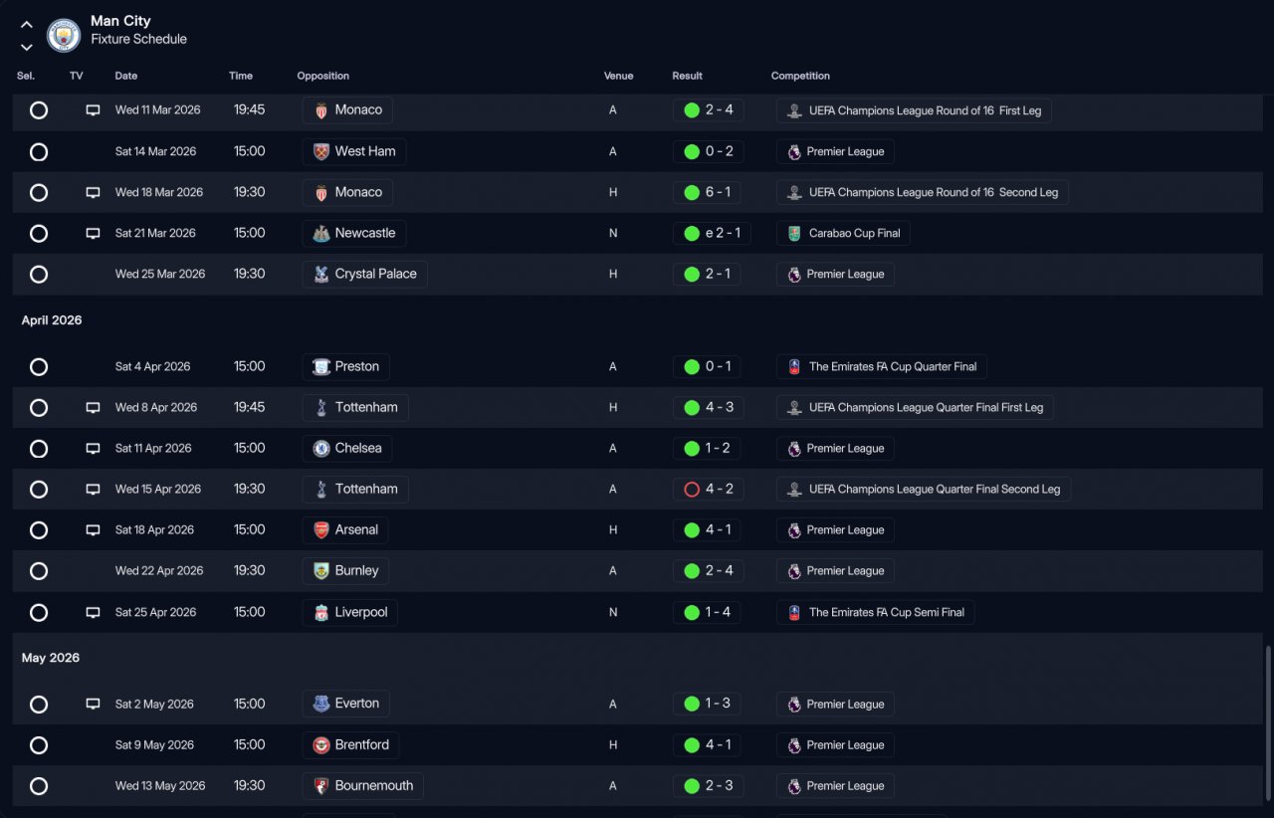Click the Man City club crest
point(64,36)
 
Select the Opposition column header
point(322,76)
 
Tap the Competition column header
point(800,76)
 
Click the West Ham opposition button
point(354,151)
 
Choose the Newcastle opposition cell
point(354,233)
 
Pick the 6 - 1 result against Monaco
point(708,192)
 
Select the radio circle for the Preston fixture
point(39,367)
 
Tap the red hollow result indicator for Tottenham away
point(692,490)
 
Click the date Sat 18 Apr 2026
point(154,530)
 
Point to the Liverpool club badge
point(321,613)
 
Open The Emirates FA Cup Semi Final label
point(875,613)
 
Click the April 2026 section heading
point(52,320)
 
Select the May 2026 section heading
point(51,658)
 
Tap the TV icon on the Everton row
point(93,705)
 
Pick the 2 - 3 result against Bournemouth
point(708,786)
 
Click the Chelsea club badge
point(321,449)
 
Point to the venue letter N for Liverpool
point(613,613)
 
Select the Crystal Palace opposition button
point(364,274)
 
